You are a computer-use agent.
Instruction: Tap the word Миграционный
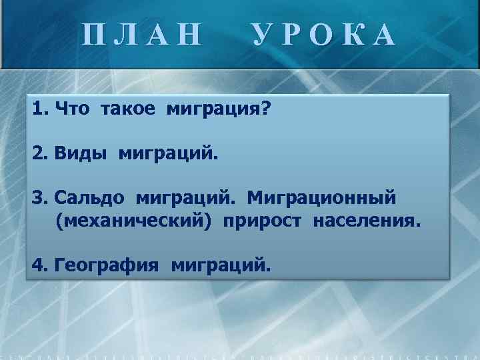pyautogui.click(x=322, y=199)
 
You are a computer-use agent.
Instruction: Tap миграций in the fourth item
pyautogui.click(x=221, y=267)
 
